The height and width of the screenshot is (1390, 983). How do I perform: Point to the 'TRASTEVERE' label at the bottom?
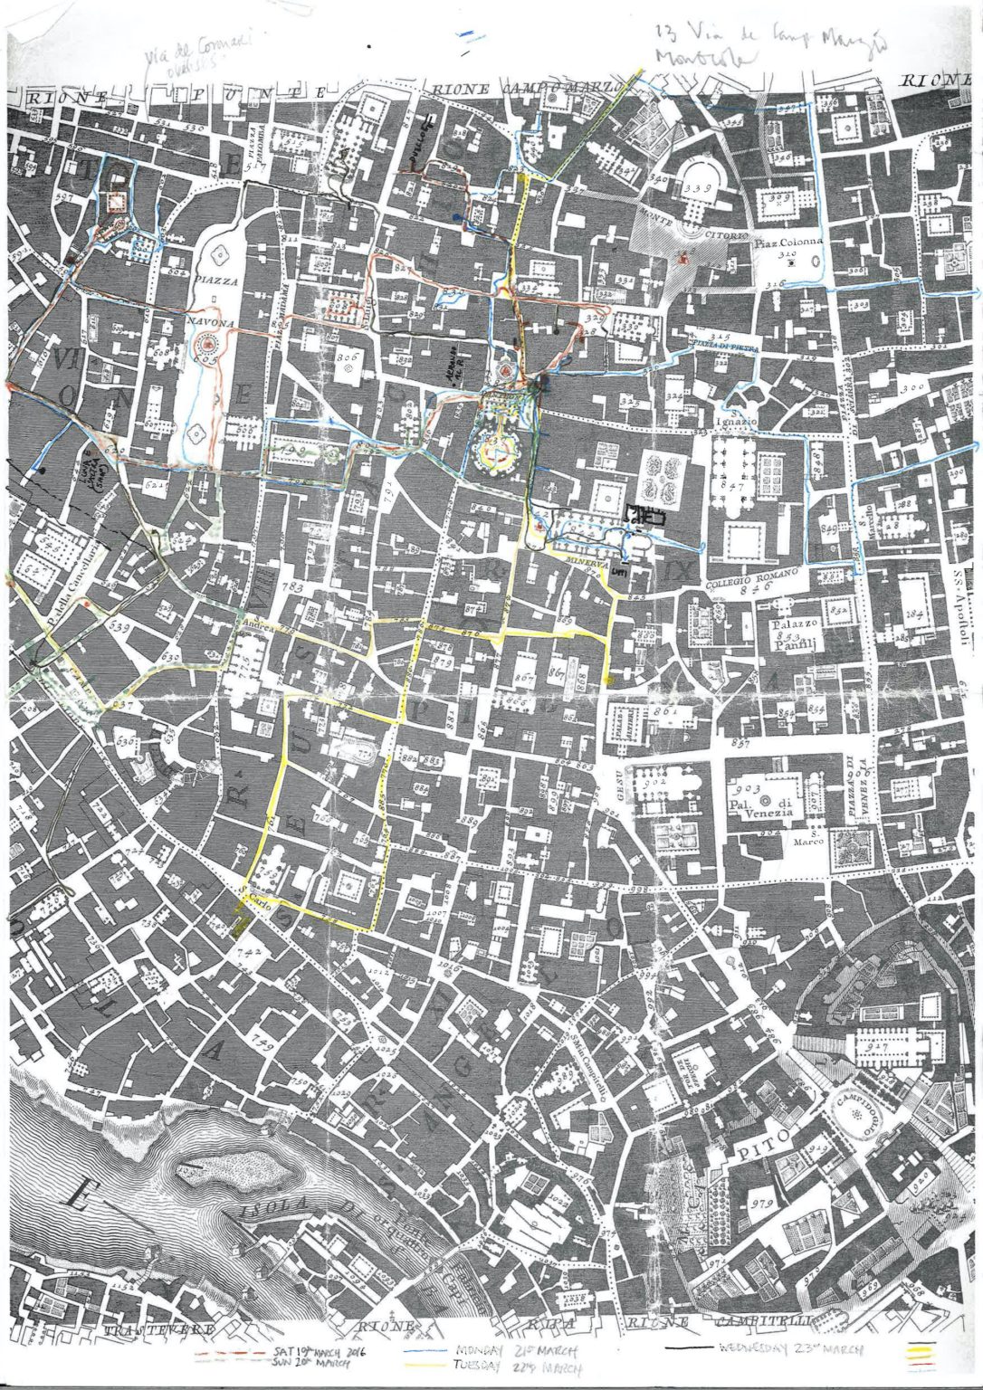pos(158,1329)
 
